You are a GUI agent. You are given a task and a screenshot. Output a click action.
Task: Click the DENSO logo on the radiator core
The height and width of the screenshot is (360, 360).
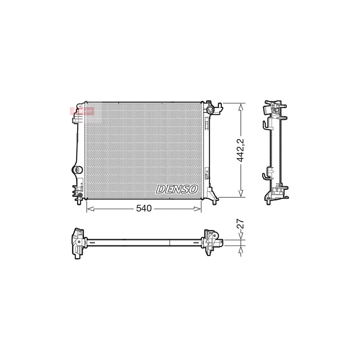pos(176,189)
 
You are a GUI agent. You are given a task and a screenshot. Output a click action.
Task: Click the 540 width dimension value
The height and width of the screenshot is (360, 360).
pos(144,209)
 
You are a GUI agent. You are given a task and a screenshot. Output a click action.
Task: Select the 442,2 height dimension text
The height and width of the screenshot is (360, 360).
pos(240,150)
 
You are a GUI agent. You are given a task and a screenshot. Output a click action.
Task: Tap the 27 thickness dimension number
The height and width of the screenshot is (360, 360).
pos(240,224)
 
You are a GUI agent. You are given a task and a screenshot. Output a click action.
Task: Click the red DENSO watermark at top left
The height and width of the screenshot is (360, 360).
pos(82,111)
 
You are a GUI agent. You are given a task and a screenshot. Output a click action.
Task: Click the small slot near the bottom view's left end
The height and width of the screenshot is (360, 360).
pos(92,242)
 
